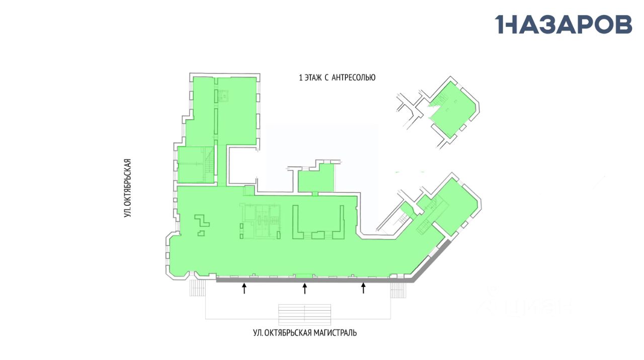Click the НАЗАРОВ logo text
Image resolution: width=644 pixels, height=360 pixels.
point(563,24)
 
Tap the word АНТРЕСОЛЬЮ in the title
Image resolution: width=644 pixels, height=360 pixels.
point(354,78)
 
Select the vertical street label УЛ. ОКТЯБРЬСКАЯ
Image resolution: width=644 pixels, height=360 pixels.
point(128,188)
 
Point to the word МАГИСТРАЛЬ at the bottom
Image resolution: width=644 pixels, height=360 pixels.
point(335,333)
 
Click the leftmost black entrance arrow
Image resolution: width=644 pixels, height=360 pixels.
point(245,288)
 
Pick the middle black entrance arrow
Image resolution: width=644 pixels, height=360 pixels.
point(304,288)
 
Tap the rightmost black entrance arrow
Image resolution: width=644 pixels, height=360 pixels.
point(363,288)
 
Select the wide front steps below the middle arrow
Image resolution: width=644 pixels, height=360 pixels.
point(304,314)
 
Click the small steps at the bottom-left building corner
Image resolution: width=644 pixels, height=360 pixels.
point(198,289)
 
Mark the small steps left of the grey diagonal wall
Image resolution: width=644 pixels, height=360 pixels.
point(398,290)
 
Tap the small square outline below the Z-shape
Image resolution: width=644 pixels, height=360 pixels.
point(201,233)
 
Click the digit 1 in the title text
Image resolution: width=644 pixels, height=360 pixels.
point(301,78)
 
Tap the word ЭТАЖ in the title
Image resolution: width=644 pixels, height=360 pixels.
point(314,78)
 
